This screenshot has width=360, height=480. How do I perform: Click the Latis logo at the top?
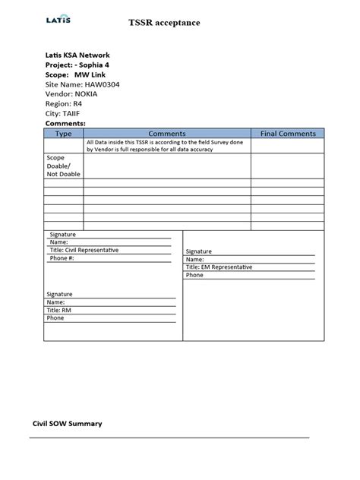coord(58,20)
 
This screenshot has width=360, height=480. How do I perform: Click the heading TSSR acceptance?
coord(165,24)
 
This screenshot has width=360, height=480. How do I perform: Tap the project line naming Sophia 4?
coord(80,65)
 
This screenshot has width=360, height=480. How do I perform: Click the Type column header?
coord(64,133)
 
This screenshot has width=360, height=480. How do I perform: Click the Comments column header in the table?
coord(167,133)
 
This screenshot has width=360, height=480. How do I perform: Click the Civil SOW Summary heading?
coord(67,423)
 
